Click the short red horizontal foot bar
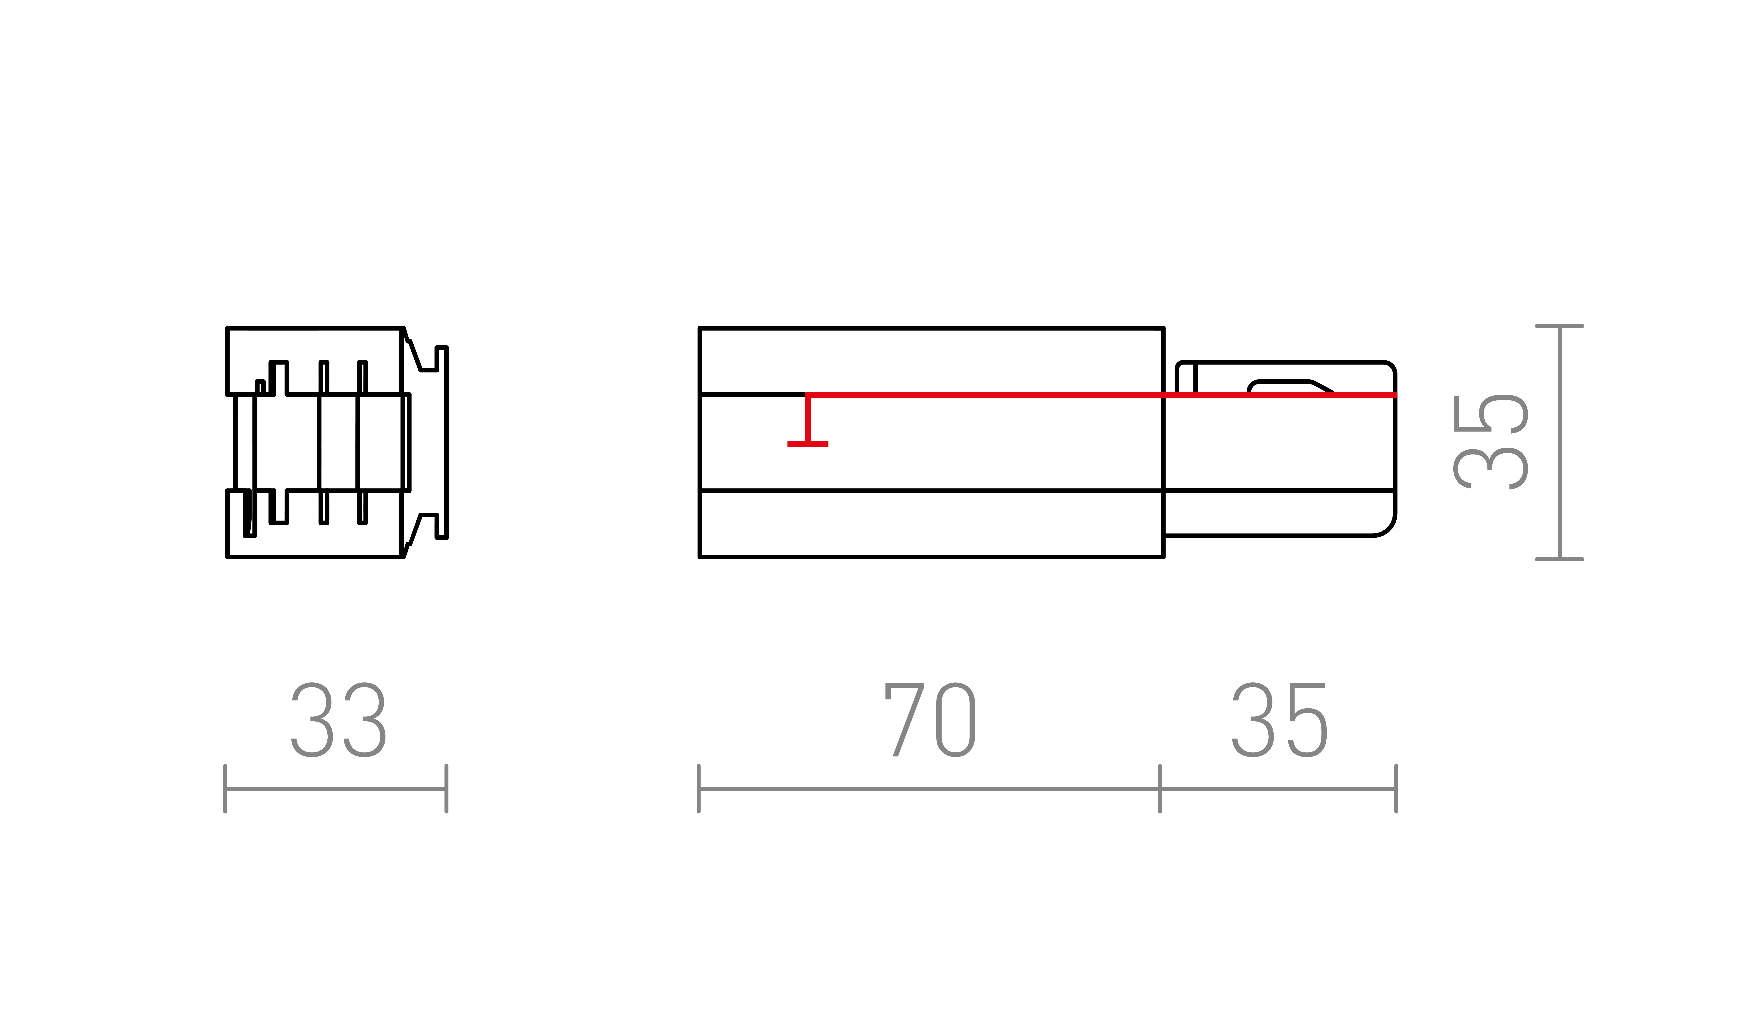click(x=807, y=444)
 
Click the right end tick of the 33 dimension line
click(x=447, y=788)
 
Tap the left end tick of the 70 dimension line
click(x=698, y=788)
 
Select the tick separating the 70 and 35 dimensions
click(x=1160, y=788)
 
